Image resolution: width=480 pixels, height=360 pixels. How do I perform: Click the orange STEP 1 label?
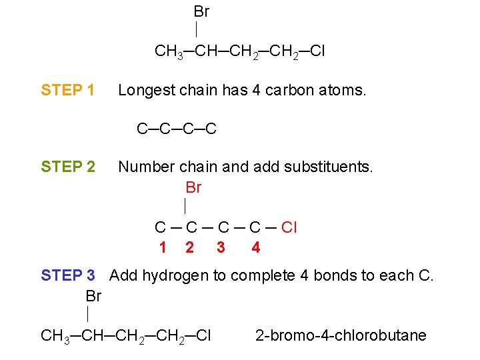point(68,90)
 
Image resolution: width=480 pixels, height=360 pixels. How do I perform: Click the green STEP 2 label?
point(68,167)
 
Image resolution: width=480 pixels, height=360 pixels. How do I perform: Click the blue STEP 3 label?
point(68,275)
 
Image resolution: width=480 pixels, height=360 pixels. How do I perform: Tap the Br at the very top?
point(201,12)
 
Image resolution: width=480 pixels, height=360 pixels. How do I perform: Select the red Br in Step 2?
point(193,188)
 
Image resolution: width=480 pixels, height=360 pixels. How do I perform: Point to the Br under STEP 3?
point(94,296)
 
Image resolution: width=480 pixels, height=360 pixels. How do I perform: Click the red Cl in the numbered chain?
point(289,228)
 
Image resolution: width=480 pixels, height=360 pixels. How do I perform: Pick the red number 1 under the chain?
point(163,248)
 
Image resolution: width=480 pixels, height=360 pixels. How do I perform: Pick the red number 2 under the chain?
point(190,248)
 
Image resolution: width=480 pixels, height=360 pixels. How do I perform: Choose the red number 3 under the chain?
point(221,248)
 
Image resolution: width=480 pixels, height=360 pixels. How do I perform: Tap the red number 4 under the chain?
point(256,248)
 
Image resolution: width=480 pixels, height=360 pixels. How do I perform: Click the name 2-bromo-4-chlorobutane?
point(341,335)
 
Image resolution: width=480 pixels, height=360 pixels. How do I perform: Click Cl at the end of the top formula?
point(317,51)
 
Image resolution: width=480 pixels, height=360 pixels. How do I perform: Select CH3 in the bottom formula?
point(56,336)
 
